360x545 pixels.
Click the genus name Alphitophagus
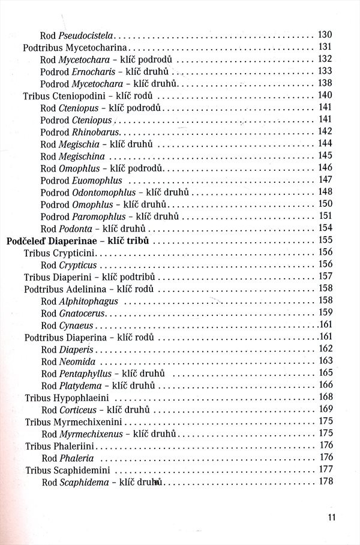point(88,300)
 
